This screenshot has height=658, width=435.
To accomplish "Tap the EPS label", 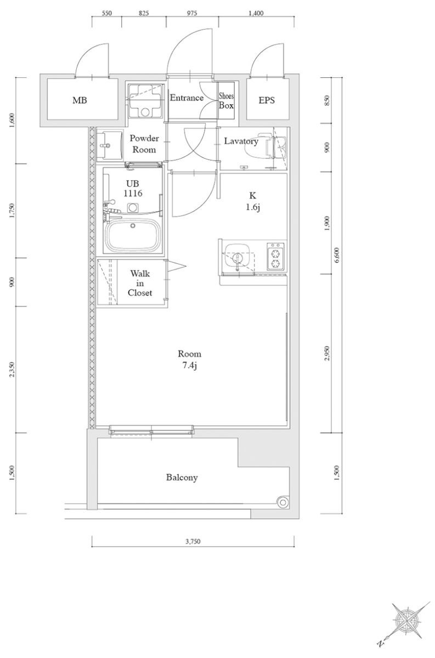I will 267,100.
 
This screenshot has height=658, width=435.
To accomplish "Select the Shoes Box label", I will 227,101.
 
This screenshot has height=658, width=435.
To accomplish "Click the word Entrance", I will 187,98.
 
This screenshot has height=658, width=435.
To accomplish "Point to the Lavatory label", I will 241,141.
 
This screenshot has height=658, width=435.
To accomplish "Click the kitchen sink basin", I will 238,257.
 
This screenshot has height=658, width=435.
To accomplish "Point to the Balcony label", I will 182,478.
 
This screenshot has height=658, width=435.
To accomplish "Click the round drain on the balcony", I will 283,501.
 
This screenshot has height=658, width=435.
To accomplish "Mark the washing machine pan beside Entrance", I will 145,100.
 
